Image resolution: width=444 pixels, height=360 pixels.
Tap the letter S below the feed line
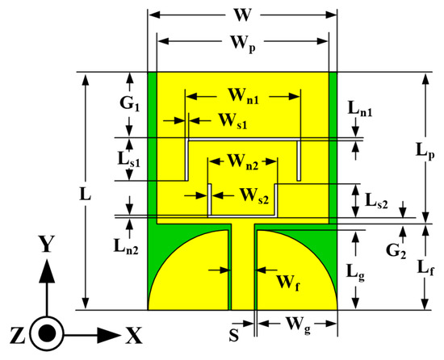tap(233, 331)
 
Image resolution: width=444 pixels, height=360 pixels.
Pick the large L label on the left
tap(65, 194)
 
